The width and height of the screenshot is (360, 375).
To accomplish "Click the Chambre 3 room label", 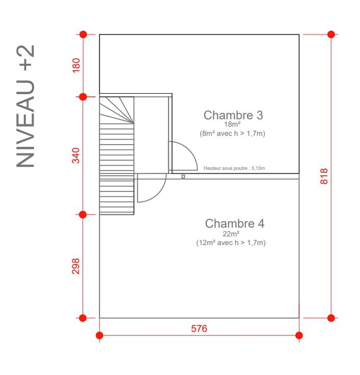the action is [x=233, y=115].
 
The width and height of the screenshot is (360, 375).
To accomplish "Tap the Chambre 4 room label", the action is [x=235, y=224].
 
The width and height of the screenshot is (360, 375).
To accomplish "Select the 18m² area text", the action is [x=232, y=124].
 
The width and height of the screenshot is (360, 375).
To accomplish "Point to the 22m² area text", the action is [x=231, y=234].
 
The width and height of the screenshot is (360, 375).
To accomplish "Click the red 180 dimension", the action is [x=76, y=65].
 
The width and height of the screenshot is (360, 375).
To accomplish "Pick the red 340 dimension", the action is [x=76, y=155].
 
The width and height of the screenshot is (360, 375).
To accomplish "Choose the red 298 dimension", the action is [x=75, y=266].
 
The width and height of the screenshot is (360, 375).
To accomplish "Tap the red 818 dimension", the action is [x=324, y=176].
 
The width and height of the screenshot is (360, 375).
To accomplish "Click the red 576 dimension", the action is [x=199, y=329].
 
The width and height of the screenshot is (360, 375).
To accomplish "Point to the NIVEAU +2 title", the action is [x=25, y=106].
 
